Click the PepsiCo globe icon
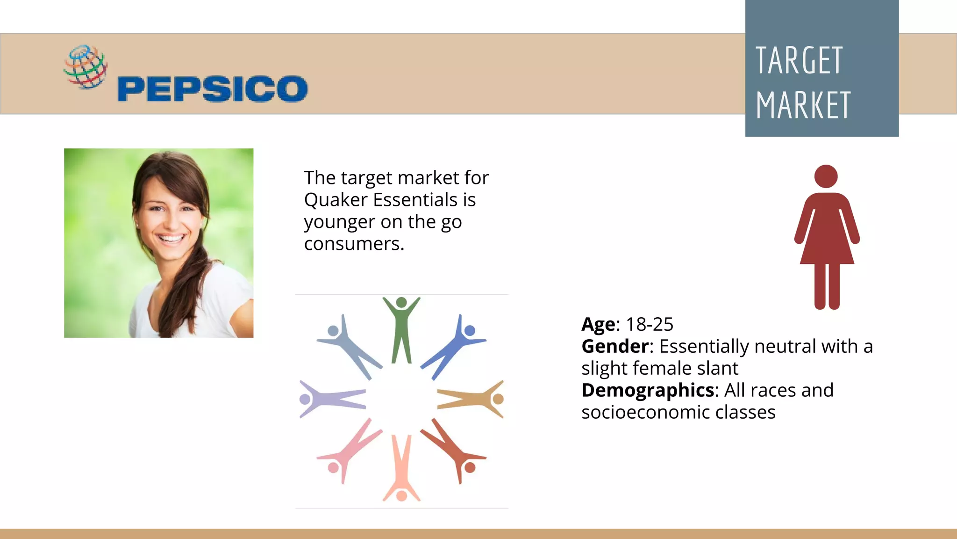(x=86, y=67)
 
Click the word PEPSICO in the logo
(x=213, y=89)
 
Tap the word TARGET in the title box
(x=799, y=61)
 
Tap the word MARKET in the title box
(x=803, y=106)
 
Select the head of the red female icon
(x=826, y=176)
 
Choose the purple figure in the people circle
(x=329, y=399)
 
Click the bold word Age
(x=598, y=324)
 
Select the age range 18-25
(x=650, y=324)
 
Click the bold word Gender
(x=615, y=347)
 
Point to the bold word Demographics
(x=648, y=390)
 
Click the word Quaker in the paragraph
(x=336, y=200)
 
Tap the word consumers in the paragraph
(x=354, y=244)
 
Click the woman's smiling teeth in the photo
(x=171, y=239)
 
